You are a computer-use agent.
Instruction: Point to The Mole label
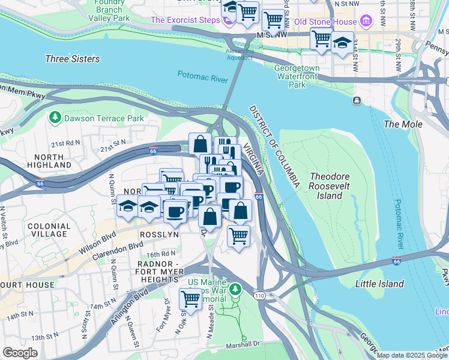(x=403, y=124)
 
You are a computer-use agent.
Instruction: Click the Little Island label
(x=379, y=283)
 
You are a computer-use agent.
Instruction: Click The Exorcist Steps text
(x=185, y=20)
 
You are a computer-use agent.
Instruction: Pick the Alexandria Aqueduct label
(x=239, y=54)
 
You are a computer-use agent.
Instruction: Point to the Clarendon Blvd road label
(x=117, y=250)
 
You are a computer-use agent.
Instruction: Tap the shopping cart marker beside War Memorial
(x=191, y=298)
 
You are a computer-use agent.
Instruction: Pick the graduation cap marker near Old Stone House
(x=342, y=44)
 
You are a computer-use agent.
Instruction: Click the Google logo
(x=20, y=353)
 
